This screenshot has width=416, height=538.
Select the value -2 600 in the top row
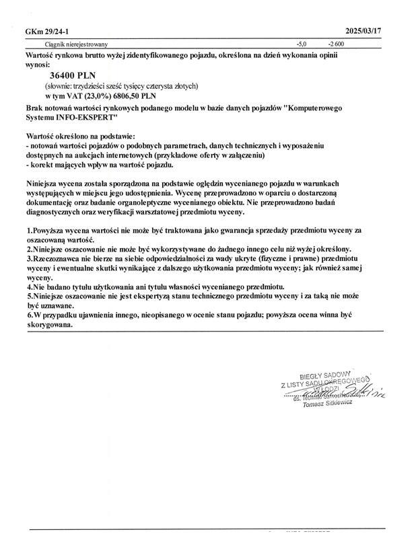(x=336, y=44)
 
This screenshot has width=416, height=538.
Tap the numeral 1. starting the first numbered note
(x=28, y=231)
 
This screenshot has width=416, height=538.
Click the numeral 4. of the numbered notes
(x=28, y=286)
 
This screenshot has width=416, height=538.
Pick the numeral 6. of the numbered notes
(x=28, y=314)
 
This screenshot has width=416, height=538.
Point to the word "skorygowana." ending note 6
(x=50, y=323)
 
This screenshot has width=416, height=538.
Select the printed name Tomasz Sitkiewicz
(x=328, y=404)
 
